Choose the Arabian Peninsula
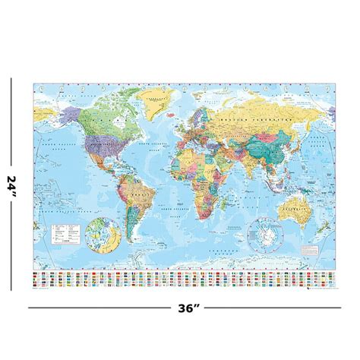coord(221,168)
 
